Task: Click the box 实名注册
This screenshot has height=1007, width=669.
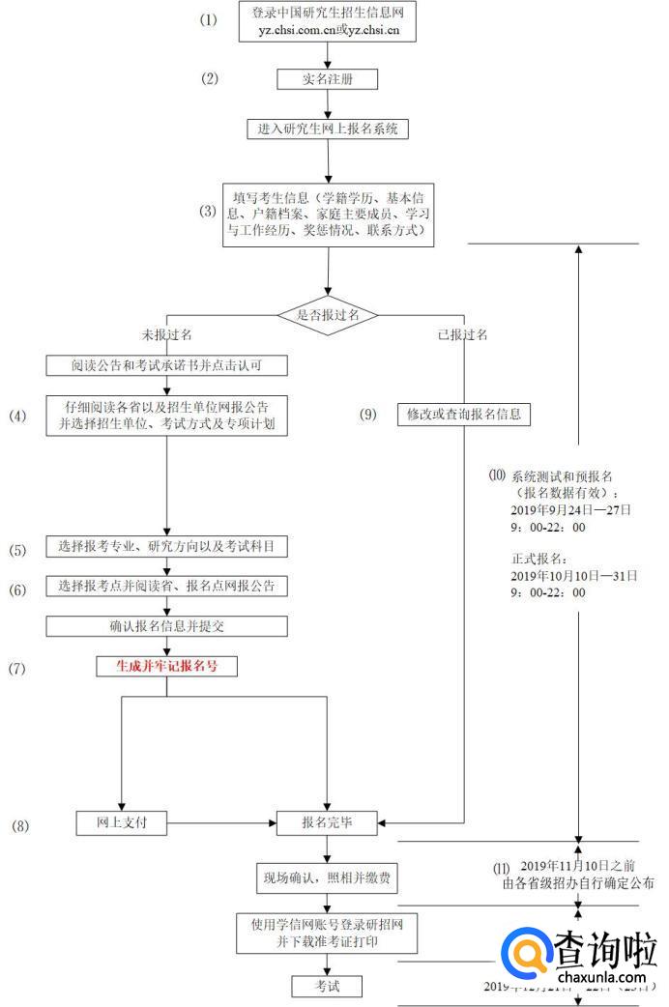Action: pos(327,79)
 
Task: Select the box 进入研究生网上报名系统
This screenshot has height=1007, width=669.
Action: pos(328,129)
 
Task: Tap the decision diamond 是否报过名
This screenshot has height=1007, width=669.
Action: pos(328,315)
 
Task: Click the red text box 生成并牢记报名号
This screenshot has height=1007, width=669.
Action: pos(166,666)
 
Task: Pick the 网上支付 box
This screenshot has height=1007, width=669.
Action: pos(122,823)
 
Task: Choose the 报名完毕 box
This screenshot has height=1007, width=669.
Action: pos(328,823)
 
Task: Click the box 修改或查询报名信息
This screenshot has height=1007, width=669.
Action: pos(464,415)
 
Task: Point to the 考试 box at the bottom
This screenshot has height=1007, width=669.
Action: pos(328,986)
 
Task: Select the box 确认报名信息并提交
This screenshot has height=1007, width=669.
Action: pos(166,625)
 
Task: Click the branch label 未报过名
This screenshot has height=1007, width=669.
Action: pos(166,334)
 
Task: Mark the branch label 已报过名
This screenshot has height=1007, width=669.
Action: pos(462,334)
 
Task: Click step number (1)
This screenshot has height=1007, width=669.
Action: pos(210,20)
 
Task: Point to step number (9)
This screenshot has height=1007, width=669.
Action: pos(368,415)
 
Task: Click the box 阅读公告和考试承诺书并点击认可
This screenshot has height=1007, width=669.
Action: pos(166,365)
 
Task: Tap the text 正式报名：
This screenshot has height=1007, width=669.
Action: pos(540,558)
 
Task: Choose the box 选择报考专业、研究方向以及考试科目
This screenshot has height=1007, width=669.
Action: pos(166,547)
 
